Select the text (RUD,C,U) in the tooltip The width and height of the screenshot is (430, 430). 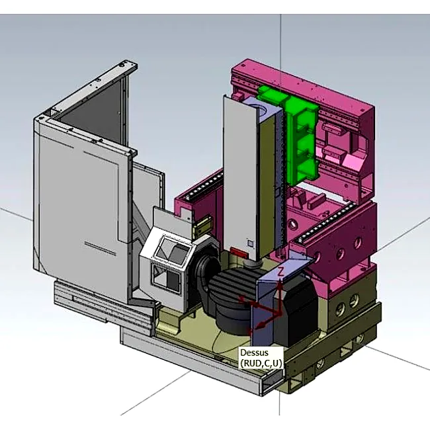(261, 363)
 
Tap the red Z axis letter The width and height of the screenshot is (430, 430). (280, 272)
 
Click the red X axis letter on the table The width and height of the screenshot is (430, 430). (241, 299)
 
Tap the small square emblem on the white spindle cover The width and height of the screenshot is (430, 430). (251, 243)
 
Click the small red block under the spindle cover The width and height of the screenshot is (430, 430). (239, 252)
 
